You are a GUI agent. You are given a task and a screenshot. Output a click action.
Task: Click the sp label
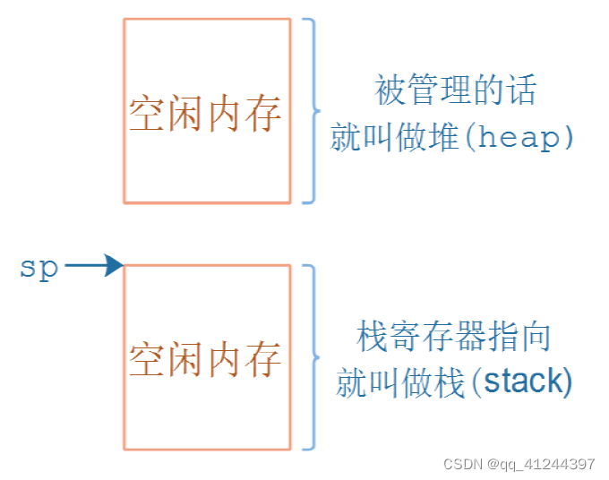pos(39,266)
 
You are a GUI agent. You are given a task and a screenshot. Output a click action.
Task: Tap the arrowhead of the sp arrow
pos(115,265)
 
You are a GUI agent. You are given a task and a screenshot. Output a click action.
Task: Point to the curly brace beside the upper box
pos(310,110)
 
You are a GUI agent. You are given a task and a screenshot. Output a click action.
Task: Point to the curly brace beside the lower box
pos(310,356)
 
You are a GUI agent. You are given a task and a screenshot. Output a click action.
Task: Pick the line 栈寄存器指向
pos(454,338)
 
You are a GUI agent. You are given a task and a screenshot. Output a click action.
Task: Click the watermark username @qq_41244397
pos(542,464)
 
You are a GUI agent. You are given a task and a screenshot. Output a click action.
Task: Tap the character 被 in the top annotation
pos(392,91)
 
